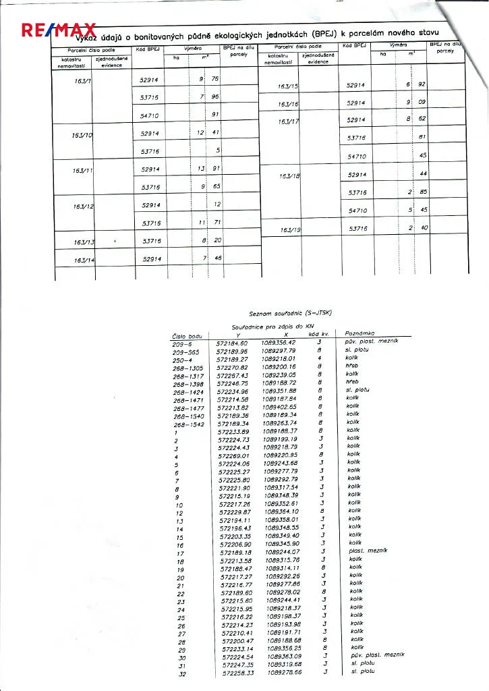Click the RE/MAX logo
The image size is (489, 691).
coord(59,31)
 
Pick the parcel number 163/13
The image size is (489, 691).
coord(84,242)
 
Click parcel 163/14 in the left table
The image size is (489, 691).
coord(84,260)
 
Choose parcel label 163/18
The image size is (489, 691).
coord(289,176)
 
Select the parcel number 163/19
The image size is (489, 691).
coord(289,230)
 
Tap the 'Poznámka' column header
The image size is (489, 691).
coord(361,333)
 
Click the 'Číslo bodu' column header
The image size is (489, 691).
coord(188,336)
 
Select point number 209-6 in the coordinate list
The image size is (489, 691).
coord(181,343)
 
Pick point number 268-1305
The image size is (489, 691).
coord(188,368)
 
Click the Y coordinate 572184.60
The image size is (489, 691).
coord(232,343)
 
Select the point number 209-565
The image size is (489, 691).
coord(186,352)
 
